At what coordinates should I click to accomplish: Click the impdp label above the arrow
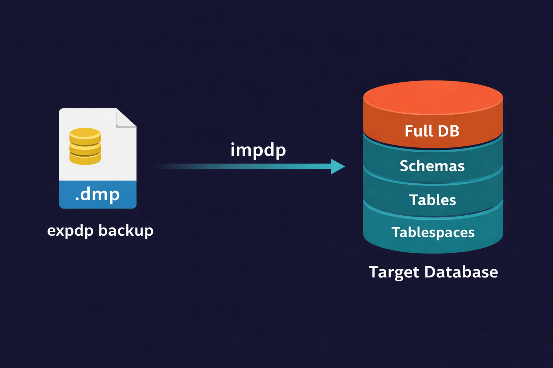pyautogui.click(x=258, y=150)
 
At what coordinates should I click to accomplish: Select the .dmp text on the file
pyautogui.click(x=97, y=194)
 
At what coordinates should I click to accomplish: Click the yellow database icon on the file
pyautogui.click(x=85, y=146)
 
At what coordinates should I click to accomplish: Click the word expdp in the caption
pyautogui.click(x=70, y=231)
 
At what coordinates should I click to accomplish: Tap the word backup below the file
pyautogui.click(x=126, y=230)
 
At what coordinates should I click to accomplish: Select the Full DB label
pyautogui.click(x=432, y=131)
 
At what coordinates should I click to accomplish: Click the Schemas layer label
pyautogui.click(x=432, y=166)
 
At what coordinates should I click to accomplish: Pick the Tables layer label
pyautogui.click(x=432, y=200)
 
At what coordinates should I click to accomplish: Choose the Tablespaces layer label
pyautogui.click(x=433, y=233)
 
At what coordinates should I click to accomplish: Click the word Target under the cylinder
pyautogui.click(x=394, y=272)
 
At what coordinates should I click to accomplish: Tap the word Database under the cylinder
pyautogui.click(x=461, y=272)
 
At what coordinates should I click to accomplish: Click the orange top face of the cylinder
pyautogui.click(x=433, y=96)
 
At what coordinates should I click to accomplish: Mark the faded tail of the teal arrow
pyautogui.click(x=173, y=166)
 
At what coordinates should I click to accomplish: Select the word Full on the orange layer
pyautogui.click(x=418, y=131)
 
